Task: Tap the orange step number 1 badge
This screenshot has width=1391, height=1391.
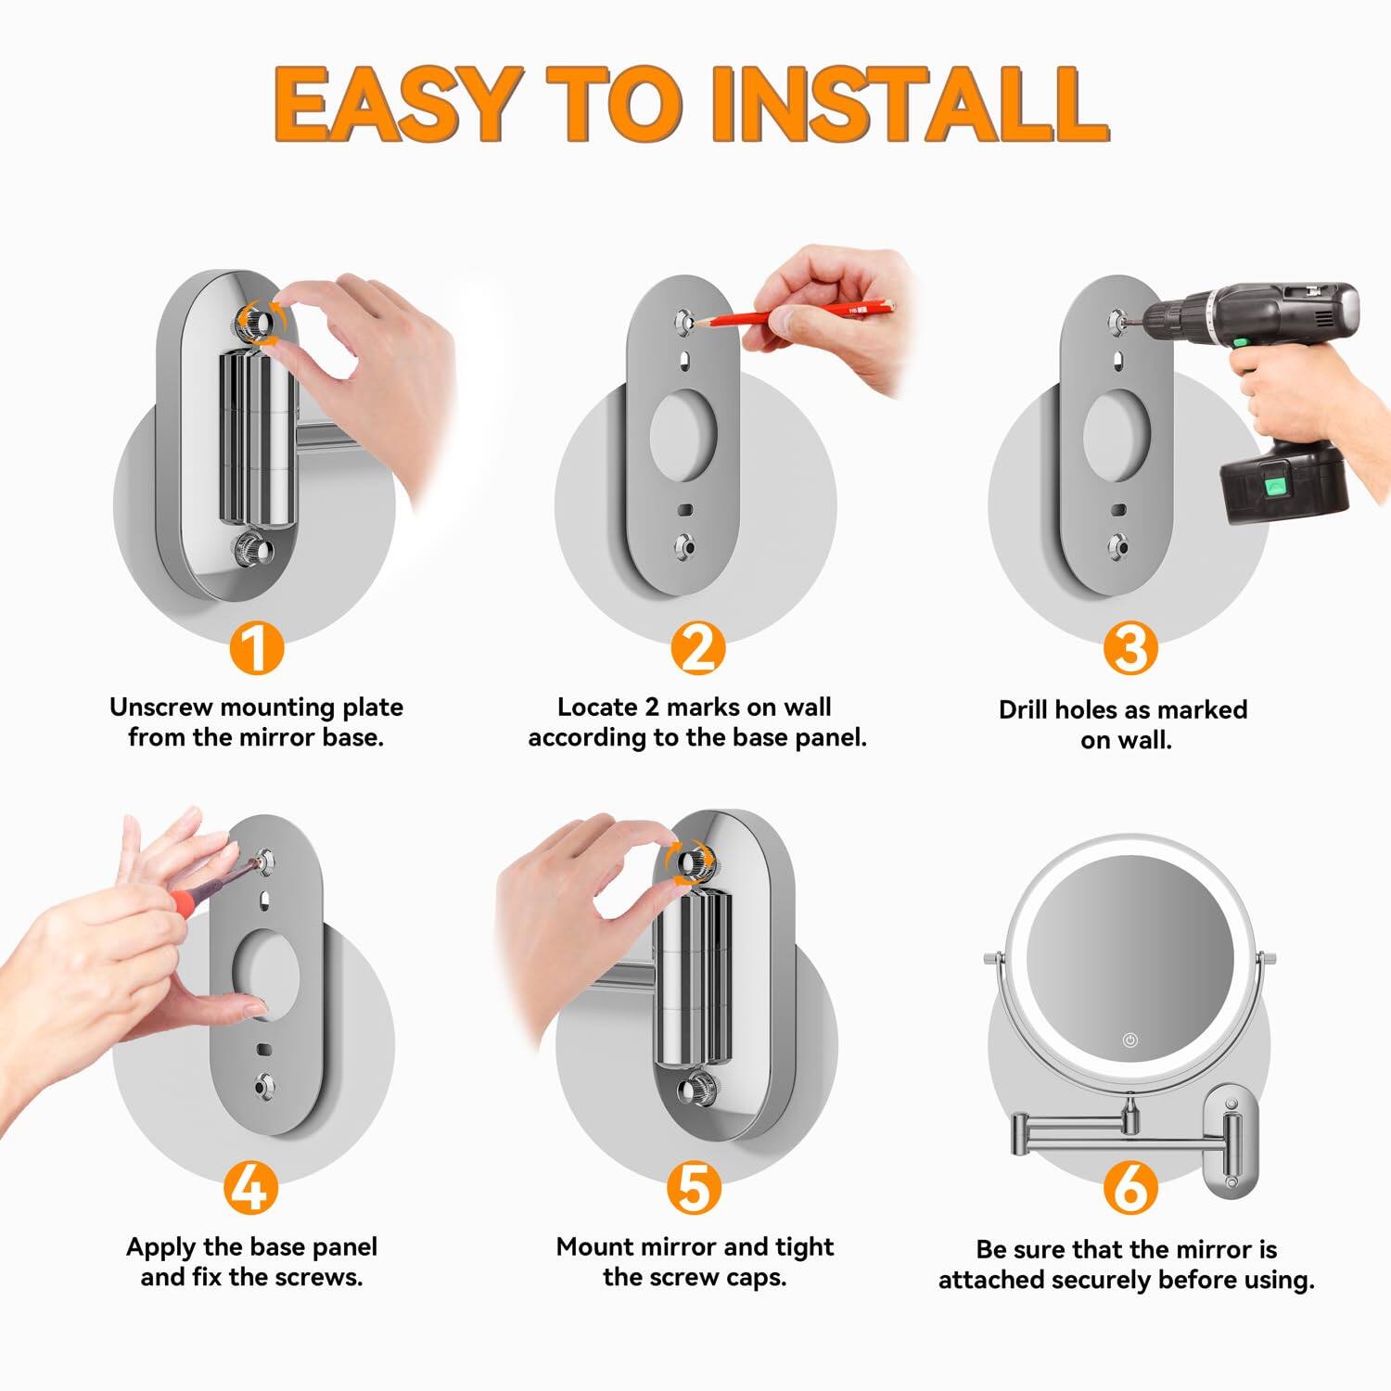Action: pyautogui.click(x=256, y=648)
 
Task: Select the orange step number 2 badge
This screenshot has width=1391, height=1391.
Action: pyautogui.click(x=697, y=648)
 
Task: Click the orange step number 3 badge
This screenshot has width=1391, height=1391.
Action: pyautogui.click(x=1129, y=648)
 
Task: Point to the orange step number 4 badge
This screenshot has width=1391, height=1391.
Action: pyautogui.click(x=250, y=1188)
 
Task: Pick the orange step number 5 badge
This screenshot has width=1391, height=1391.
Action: pyautogui.click(x=695, y=1188)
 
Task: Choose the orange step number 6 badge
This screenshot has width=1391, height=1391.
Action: pyautogui.click(x=1130, y=1188)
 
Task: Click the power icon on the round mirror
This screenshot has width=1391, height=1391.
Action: pyautogui.click(x=1129, y=1040)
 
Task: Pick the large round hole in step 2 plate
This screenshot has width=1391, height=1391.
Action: pyautogui.click(x=683, y=435)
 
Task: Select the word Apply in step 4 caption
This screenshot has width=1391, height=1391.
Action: pyautogui.click(x=161, y=1247)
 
